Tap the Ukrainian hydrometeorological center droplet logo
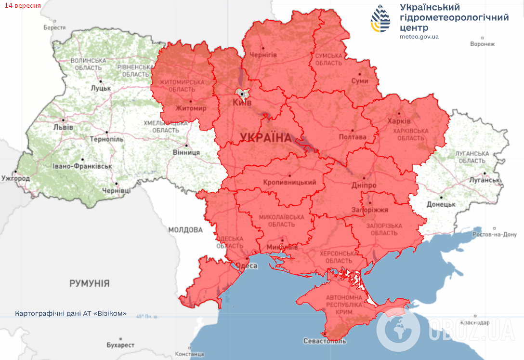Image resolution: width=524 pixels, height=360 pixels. [x=380, y=19]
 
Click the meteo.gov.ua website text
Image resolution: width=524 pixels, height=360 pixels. [x=419, y=37]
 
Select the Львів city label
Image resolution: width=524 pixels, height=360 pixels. [x=64, y=128]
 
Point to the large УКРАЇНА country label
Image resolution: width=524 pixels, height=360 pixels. [x=265, y=137]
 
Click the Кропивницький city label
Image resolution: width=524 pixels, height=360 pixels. [x=289, y=182]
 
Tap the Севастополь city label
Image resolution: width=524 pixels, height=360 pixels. [x=325, y=341]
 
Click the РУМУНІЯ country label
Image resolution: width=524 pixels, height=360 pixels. [x=90, y=283]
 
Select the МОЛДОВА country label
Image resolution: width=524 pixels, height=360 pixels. [x=185, y=230]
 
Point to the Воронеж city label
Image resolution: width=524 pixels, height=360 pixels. [x=483, y=44]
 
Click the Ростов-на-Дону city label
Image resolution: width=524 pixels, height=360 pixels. [x=495, y=235]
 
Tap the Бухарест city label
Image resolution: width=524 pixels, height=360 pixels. [x=120, y=346]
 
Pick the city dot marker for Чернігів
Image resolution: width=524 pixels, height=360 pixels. [x=263, y=48]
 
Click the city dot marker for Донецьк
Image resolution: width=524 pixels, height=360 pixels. [x=440, y=197]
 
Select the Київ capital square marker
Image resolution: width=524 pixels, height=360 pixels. [x=242, y=94]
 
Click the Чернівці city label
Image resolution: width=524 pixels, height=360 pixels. [x=117, y=191]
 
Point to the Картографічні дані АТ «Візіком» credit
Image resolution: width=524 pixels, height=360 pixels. [x=71, y=314]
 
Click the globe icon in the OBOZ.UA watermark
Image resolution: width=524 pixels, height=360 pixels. [x=398, y=331]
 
